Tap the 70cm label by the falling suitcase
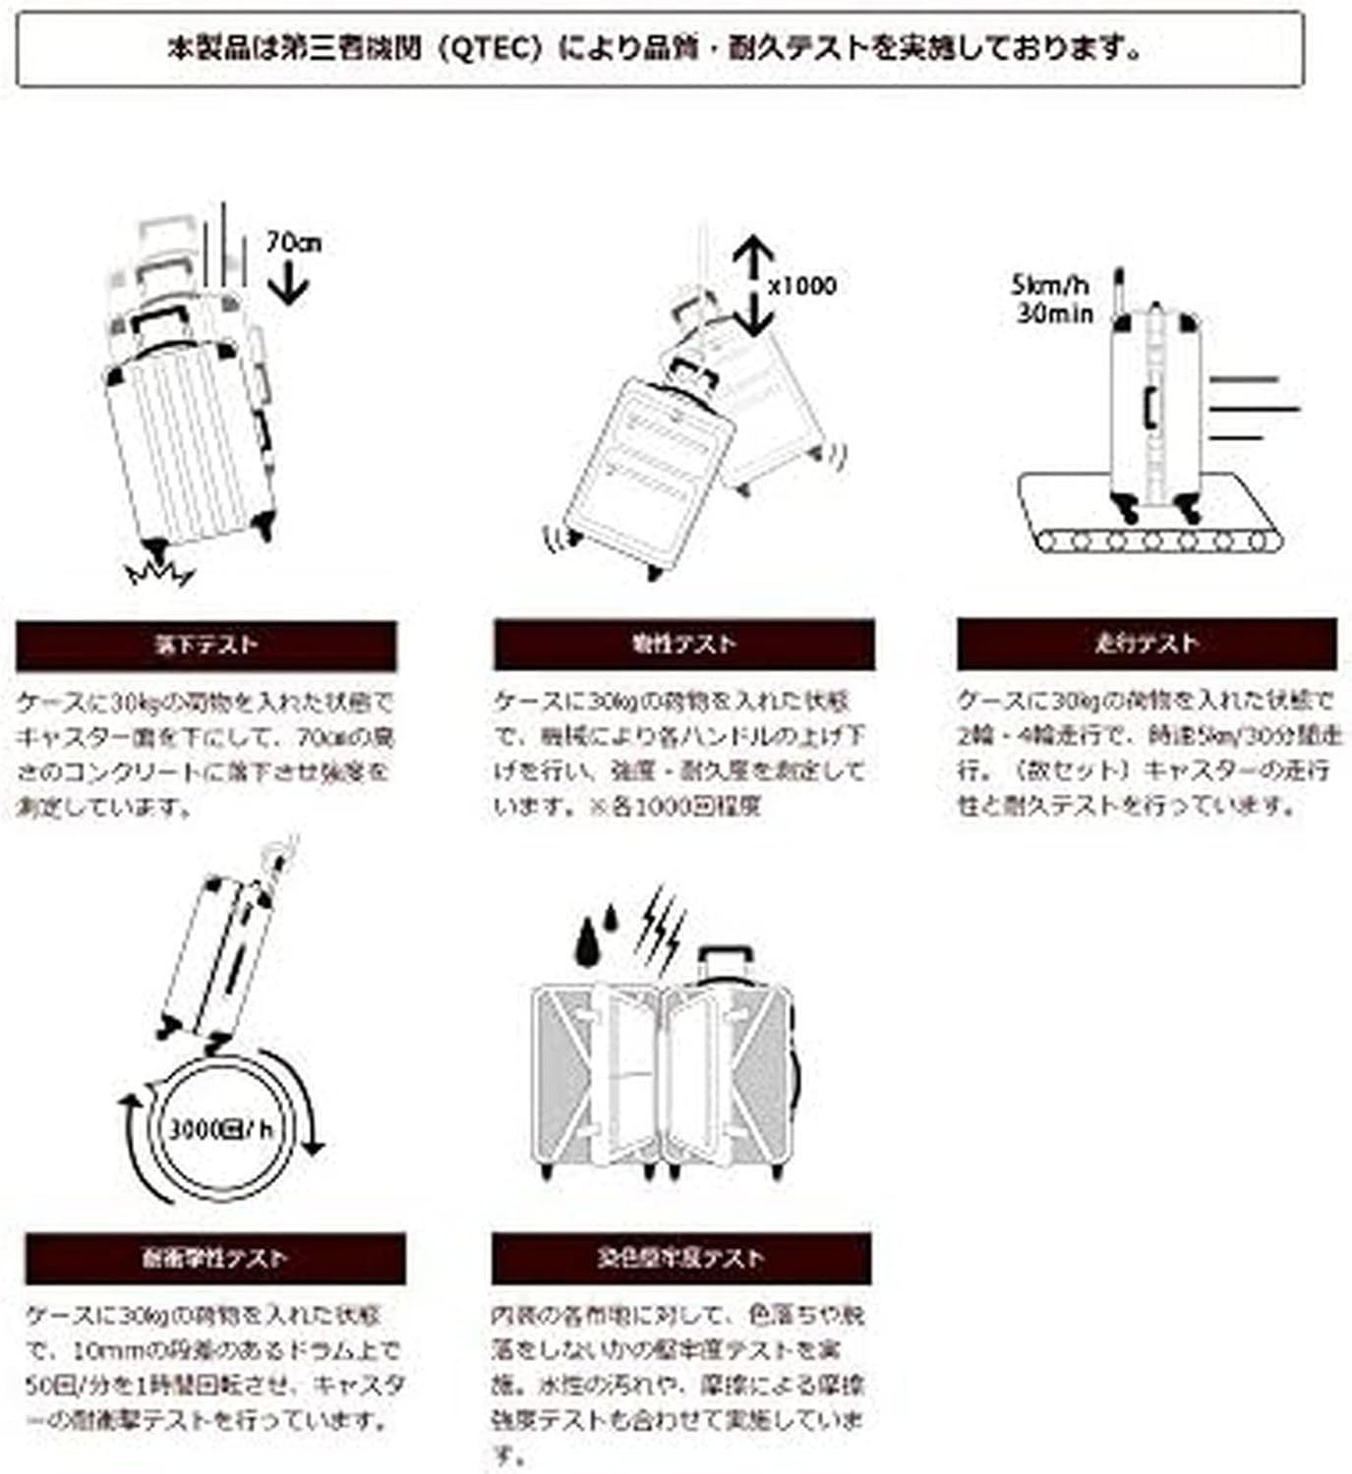[293, 242]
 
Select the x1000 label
[801, 286]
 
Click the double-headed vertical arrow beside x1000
[752, 285]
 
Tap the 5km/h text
[1050, 286]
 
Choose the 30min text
[1054, 313]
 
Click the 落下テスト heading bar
[206, 646]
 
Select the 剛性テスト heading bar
[683, 645]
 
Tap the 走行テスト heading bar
[1146, 644]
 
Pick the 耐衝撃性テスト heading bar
[214, 1259]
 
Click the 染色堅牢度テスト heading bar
[680, 1259]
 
